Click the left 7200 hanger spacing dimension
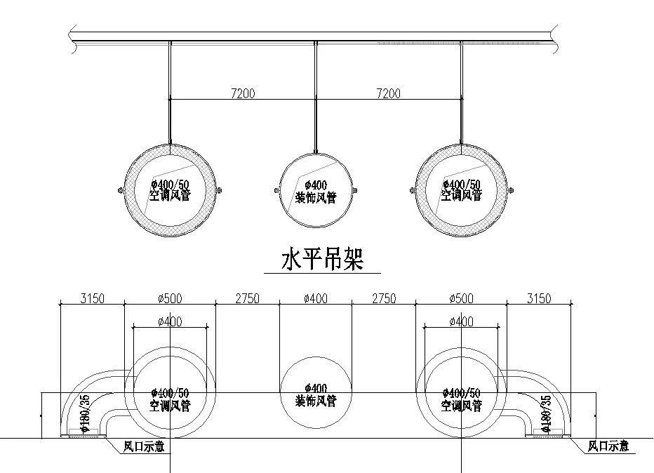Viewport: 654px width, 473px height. (243, 93)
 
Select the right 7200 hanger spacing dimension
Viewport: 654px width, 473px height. (388, 93)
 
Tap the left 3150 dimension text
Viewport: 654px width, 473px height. (92, 298)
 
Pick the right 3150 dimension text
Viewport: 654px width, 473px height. (538, 298)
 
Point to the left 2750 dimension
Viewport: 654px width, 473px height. (246, 298)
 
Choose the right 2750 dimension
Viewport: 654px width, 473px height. (383, 298)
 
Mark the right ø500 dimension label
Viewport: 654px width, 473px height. (460, 298)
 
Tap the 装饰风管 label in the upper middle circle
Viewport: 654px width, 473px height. (315, 198)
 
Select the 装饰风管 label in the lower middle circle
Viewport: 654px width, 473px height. (315, 401)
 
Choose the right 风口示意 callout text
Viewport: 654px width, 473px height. (608, 446)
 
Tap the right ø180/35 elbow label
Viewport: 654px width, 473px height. (546, 415)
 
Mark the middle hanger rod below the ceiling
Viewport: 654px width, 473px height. (316, 98)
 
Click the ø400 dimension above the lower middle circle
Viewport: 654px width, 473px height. (315, 298)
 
